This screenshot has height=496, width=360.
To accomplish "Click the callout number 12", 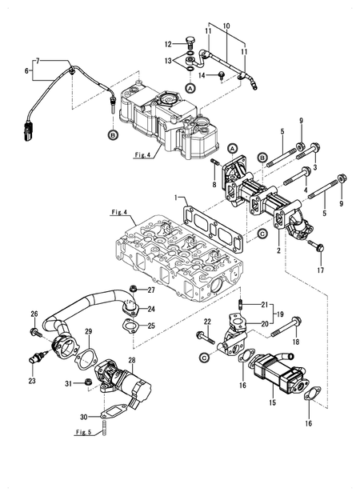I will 169,43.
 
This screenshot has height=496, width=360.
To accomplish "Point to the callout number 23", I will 32,381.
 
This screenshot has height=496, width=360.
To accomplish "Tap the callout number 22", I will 206,322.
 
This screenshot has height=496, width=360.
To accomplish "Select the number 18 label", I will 296,341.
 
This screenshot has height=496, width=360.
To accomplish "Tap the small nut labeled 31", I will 86,384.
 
